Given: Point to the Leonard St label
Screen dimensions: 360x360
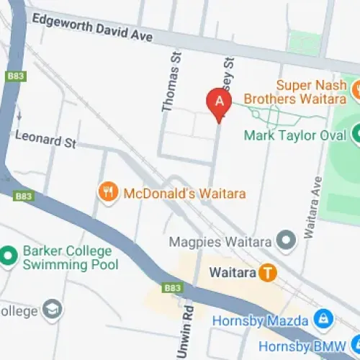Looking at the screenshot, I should click(45, 138).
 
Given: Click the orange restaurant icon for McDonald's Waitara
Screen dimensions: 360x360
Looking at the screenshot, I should click(107, 192).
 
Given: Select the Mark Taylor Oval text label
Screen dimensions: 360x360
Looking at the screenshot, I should click(295, 135).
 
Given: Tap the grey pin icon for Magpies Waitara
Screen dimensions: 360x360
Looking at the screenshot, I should click(287, 240).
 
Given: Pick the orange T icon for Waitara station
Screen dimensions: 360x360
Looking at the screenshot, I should click(268, 273).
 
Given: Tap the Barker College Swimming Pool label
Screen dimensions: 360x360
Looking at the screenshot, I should click(68, 258).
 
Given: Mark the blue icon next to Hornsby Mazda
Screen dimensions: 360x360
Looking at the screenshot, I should click(323, 318).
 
